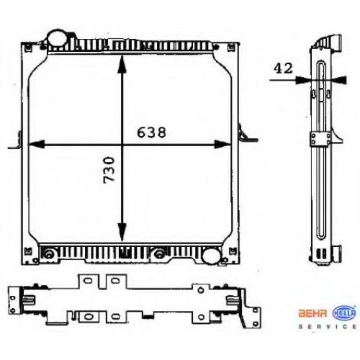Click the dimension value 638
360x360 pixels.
[x=151, y=132]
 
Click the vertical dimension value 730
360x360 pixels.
[x=109, y=170]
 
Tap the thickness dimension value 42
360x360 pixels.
[x=284, y=68]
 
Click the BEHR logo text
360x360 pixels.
[x=312, y=313]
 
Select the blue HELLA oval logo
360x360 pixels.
[x=343, y=313]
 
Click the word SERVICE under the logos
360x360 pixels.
[x=328, y=326]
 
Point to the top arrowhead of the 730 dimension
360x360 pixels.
[x=122, y=63]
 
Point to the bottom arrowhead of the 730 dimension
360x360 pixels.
[x=122, y=232]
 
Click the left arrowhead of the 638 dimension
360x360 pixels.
[x=37, y=144]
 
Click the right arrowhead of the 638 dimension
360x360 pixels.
[x=222, y=144]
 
